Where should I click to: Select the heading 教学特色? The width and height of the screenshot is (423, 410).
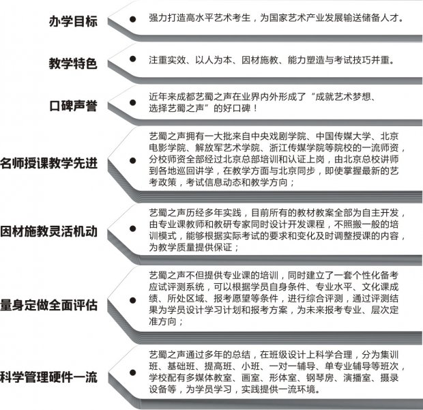pos(73,63)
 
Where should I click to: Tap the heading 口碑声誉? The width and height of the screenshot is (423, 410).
pos(73,106)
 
